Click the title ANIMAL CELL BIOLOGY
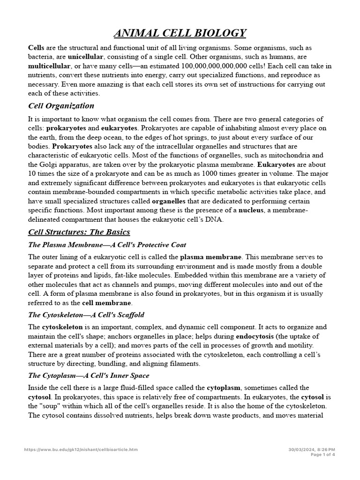[180, 33]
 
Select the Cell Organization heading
[61, 105]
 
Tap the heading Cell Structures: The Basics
[79, 232]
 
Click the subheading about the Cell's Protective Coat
[107, 245]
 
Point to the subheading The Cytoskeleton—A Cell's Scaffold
[86, 315]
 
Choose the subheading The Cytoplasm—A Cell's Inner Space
[89, 375]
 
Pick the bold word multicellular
[50, 66]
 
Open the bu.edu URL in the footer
[81, 450]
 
